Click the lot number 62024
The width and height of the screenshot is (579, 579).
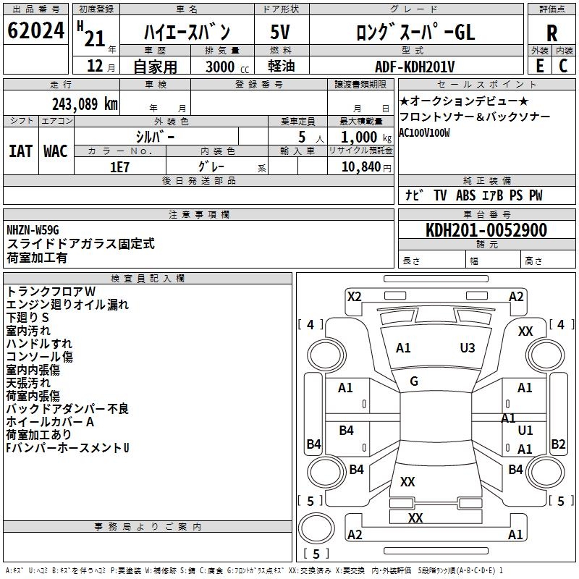pyautogui.click(x=36, y=31)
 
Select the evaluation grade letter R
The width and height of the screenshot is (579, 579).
pyautogui.click(x=551, y=33)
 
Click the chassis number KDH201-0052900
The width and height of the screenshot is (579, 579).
pyautogui.click(x=486, y=230)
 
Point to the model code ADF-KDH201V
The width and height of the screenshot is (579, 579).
pyautogui.click(x=415, y=67)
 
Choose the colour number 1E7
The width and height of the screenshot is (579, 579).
pyautogui.click(x=119, y=166)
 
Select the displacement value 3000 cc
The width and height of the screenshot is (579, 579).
pyautogui.click(x=220, y=67)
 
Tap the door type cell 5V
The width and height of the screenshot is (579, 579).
pyautogui.click(x=280, y=32)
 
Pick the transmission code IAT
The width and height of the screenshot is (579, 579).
pyautogui.click(x=20, y=151)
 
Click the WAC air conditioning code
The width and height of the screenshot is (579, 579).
pyautogui.click(x=56, y=151)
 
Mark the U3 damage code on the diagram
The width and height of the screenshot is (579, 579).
pyautogui.click(x=468, y=347)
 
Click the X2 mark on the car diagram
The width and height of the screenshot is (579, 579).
pyautogui.click(x=354, y=296)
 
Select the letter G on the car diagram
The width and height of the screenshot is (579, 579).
pyautogui.click(x=414, y=381)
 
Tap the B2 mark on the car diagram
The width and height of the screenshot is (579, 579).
pyautogui.click(x=558, y=444)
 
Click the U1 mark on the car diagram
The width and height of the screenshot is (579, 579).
pyautogui.click(x=525, y=431)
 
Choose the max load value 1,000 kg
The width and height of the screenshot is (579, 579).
pyautogui.click(x=360, y=138)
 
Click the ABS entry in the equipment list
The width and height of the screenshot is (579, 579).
pyautogui.click(x=465, y=195)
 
